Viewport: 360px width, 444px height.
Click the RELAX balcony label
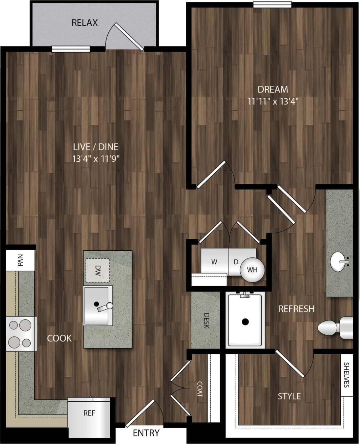(x=84, y=23)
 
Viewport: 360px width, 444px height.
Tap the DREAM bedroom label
(x=273, y=89)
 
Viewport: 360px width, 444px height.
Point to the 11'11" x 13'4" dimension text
(x=273, y=101)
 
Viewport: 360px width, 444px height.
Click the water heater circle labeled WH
(x=252, y=270)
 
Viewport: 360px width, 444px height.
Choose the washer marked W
(x=214, y=262)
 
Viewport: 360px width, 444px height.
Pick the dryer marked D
(x=236, y=262)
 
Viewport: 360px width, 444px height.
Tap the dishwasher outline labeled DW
(x=97, y=270)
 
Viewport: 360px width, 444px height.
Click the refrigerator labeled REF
(x=89, y=413)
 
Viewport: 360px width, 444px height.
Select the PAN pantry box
(x=20, y=260)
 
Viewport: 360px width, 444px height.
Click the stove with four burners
(x=21, y=334)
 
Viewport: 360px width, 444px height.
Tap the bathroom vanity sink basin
(x=339, y=262)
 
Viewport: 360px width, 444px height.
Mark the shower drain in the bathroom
(x=245, y=322)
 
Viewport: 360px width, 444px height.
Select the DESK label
(x=206, y=320)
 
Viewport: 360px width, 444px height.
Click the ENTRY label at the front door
(x=146, y=433)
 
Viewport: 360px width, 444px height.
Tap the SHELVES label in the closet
(x=346, y=375)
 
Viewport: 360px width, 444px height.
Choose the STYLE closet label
(x=289, y=396)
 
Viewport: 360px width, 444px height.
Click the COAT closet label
(x=200, y=389)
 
